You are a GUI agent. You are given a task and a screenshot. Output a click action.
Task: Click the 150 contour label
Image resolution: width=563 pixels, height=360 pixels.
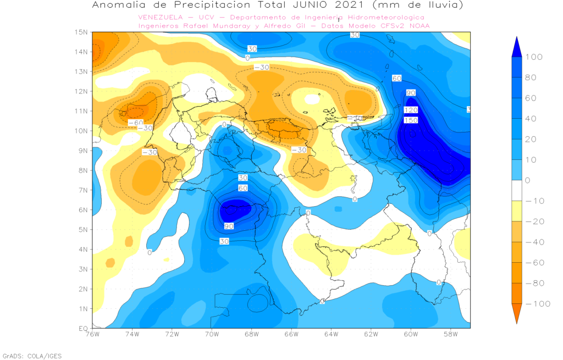411,120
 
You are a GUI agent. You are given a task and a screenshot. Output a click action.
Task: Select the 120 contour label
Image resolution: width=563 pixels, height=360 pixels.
411,110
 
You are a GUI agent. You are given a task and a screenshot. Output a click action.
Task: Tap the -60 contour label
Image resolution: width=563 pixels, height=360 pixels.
135,122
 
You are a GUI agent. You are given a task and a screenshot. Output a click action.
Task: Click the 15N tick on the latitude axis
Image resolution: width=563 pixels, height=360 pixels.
81,32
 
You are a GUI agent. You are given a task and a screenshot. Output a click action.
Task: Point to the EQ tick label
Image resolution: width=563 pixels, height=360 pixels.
82,328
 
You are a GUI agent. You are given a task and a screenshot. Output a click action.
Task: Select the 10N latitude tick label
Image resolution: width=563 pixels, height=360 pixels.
81,131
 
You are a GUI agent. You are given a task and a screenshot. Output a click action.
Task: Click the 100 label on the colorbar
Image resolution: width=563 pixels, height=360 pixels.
534,57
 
